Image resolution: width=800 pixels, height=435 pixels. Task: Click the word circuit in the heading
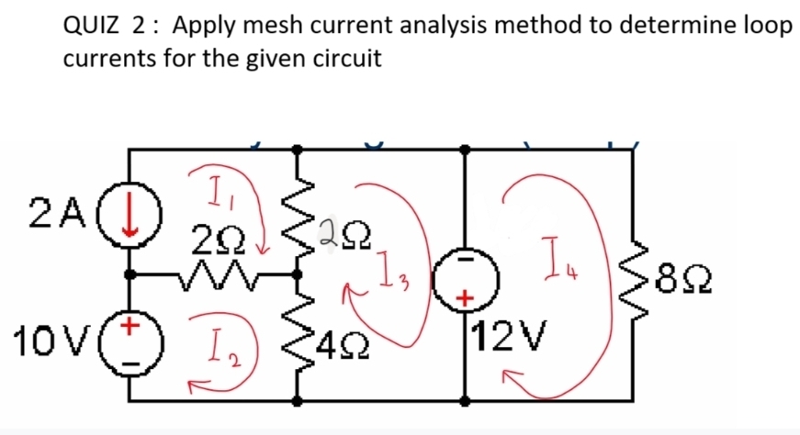coord(343,60)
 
